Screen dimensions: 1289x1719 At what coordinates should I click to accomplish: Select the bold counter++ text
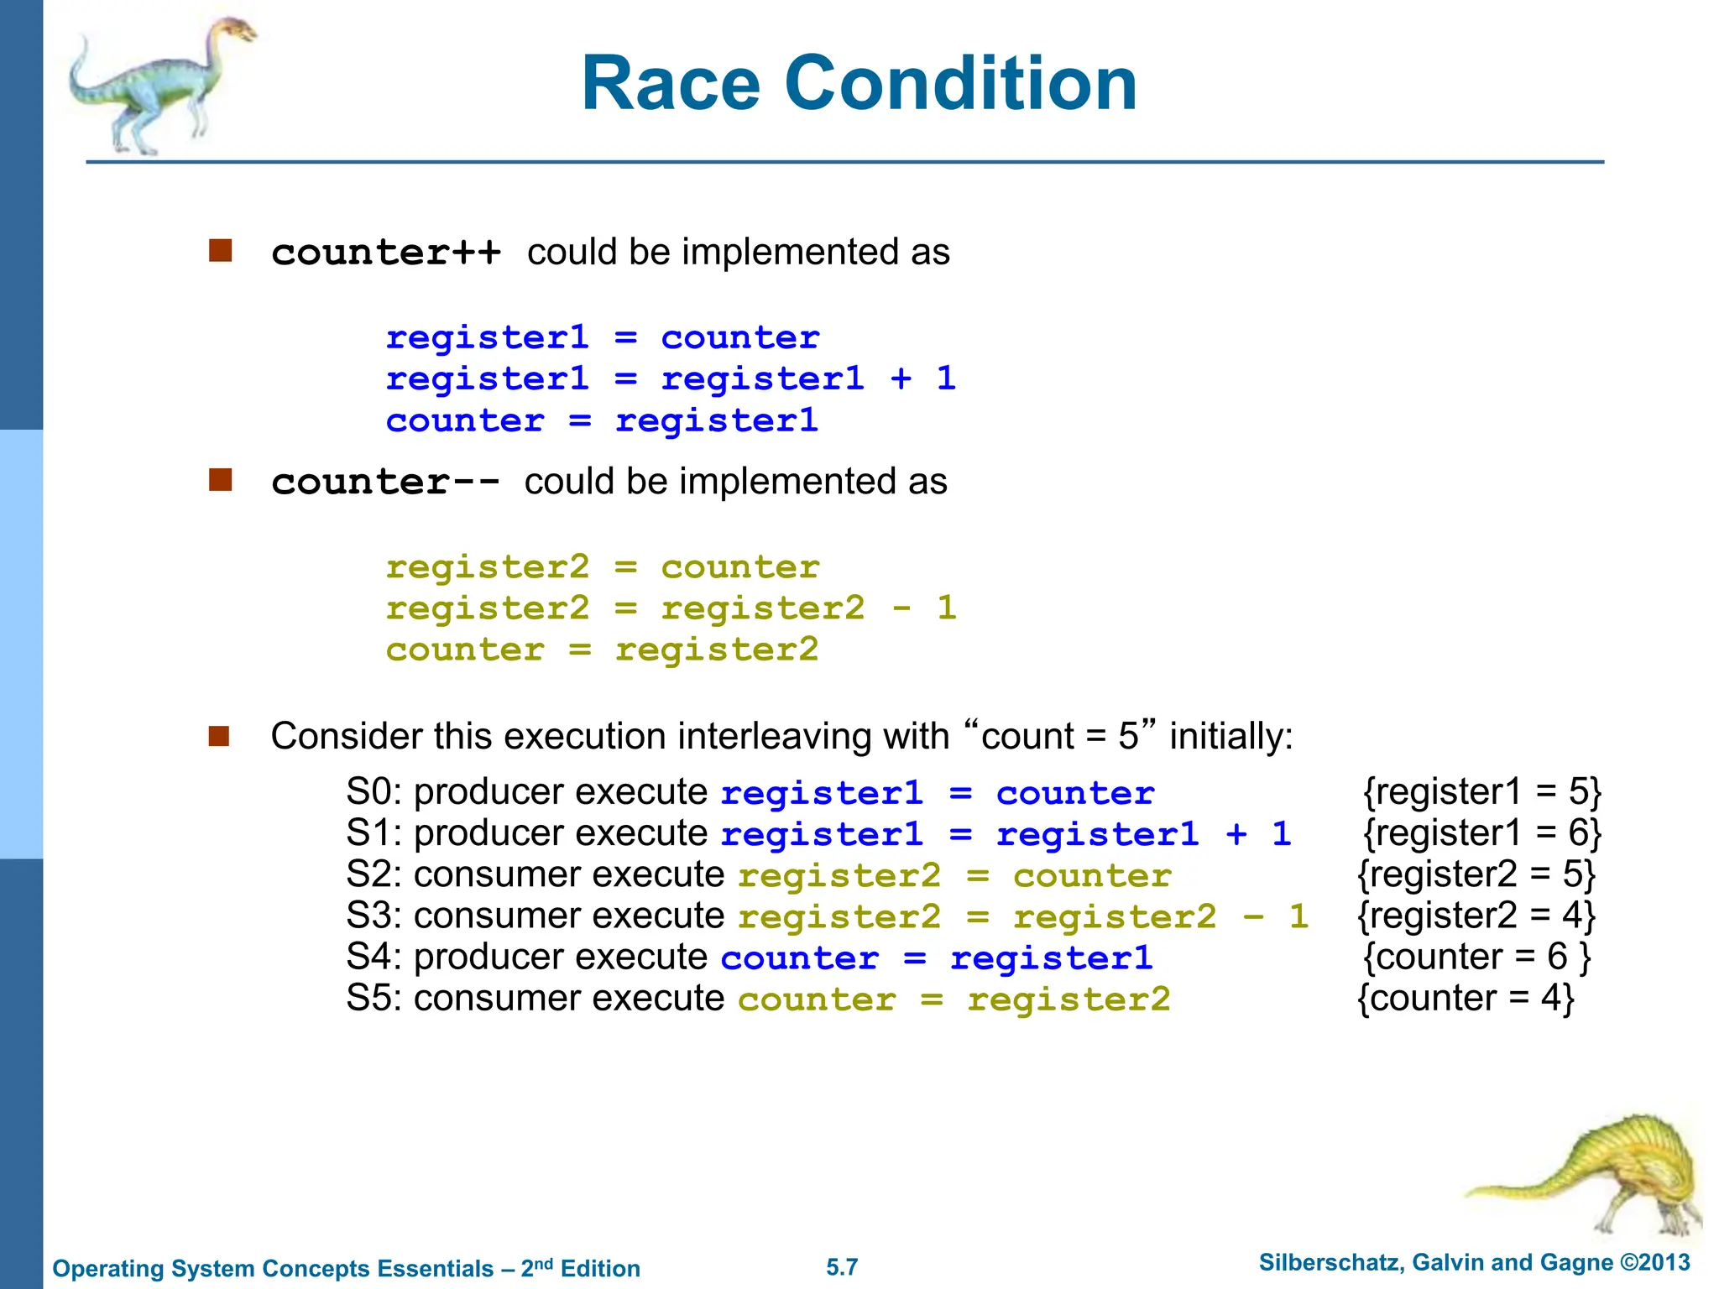[386, 253]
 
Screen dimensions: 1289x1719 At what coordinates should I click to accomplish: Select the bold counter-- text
[385, 483]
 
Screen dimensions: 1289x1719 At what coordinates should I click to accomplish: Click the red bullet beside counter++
[220, 251]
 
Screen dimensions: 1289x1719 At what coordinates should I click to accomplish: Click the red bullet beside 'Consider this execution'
[219, 736]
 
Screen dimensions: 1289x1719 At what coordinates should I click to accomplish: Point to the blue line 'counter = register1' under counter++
[601, 421]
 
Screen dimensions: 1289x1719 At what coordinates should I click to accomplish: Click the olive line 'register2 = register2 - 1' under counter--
[671, 608]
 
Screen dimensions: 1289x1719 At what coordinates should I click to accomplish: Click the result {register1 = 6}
[1482, 833]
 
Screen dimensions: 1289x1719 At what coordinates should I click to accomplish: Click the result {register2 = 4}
[1476, 916]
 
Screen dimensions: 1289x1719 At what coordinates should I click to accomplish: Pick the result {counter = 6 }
[1476, 958]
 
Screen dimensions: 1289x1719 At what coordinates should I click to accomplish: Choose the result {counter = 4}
[1466, 999]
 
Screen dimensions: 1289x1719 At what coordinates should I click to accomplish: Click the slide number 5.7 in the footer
[842, 1267]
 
